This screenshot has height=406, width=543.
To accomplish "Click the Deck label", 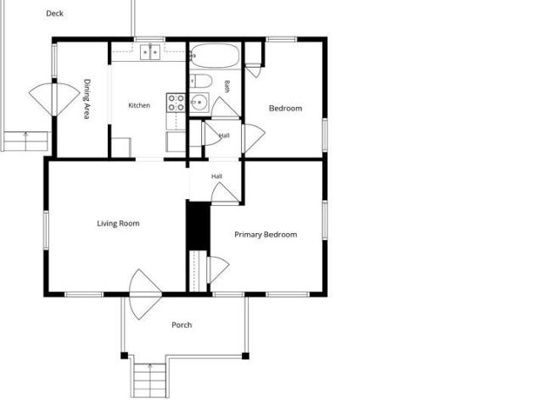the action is tap(54, 14).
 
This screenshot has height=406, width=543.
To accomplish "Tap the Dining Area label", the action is tap(87, 99).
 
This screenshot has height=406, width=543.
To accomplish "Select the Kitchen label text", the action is tap(139, 105).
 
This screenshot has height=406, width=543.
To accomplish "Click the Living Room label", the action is tap(118, 224).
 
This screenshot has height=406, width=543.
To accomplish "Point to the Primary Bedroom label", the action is tap(266, 235).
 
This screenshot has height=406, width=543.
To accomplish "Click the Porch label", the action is tap(182, 325).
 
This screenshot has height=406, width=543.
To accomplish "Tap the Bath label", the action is tap(227, 86).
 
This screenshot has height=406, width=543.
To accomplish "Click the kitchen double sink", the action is tap(150, 53).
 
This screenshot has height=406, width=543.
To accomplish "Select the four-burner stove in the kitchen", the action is tap(176, 103).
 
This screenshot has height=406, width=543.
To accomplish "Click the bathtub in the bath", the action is tap(215, 55).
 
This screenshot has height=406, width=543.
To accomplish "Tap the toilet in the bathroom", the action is tap(201, 81).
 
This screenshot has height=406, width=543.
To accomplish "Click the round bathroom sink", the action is tap(199, 103).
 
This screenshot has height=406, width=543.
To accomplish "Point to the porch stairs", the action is tap(150, 380).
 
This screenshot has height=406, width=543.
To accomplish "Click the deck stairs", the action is tap(25, 141).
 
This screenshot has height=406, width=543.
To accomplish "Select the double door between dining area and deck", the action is tap(54, 100).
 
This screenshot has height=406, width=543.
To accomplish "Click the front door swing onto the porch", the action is tap(145, 294).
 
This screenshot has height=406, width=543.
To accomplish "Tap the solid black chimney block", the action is tap(199, 225).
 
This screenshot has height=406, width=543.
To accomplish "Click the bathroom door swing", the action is tap(225, 108).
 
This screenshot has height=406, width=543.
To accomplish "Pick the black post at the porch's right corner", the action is tap(245, 356).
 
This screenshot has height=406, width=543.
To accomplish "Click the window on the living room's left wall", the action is tap(46, 230).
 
